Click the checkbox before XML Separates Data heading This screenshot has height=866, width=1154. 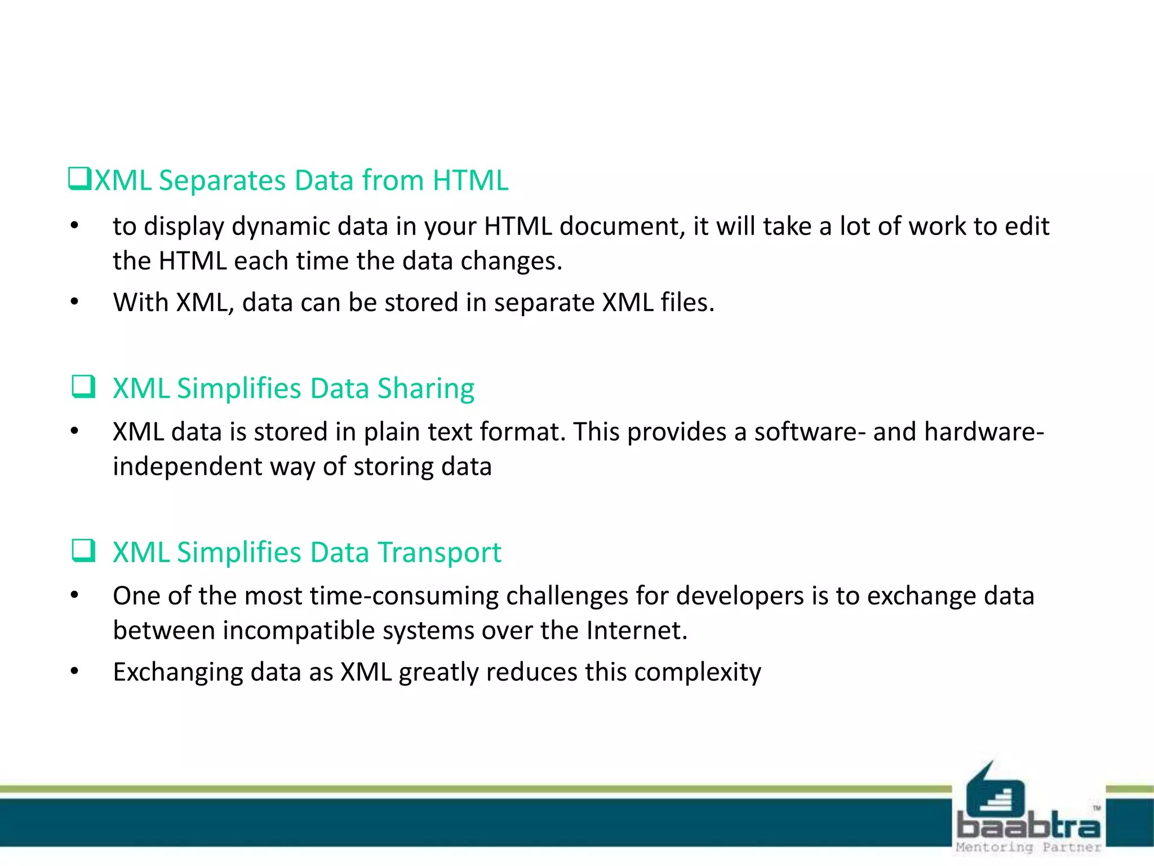(x=79, y=179)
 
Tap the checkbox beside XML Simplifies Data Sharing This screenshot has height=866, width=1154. (x=83, y=387)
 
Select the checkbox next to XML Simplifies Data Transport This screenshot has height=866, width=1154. (x=83, y=551)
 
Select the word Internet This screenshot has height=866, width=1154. (x=636, y=630)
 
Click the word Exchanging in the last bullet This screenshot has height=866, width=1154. (x=177, y=672)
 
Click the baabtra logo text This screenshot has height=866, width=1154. (x=1028, y=827)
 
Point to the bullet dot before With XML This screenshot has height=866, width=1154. (x=74, y=302)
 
